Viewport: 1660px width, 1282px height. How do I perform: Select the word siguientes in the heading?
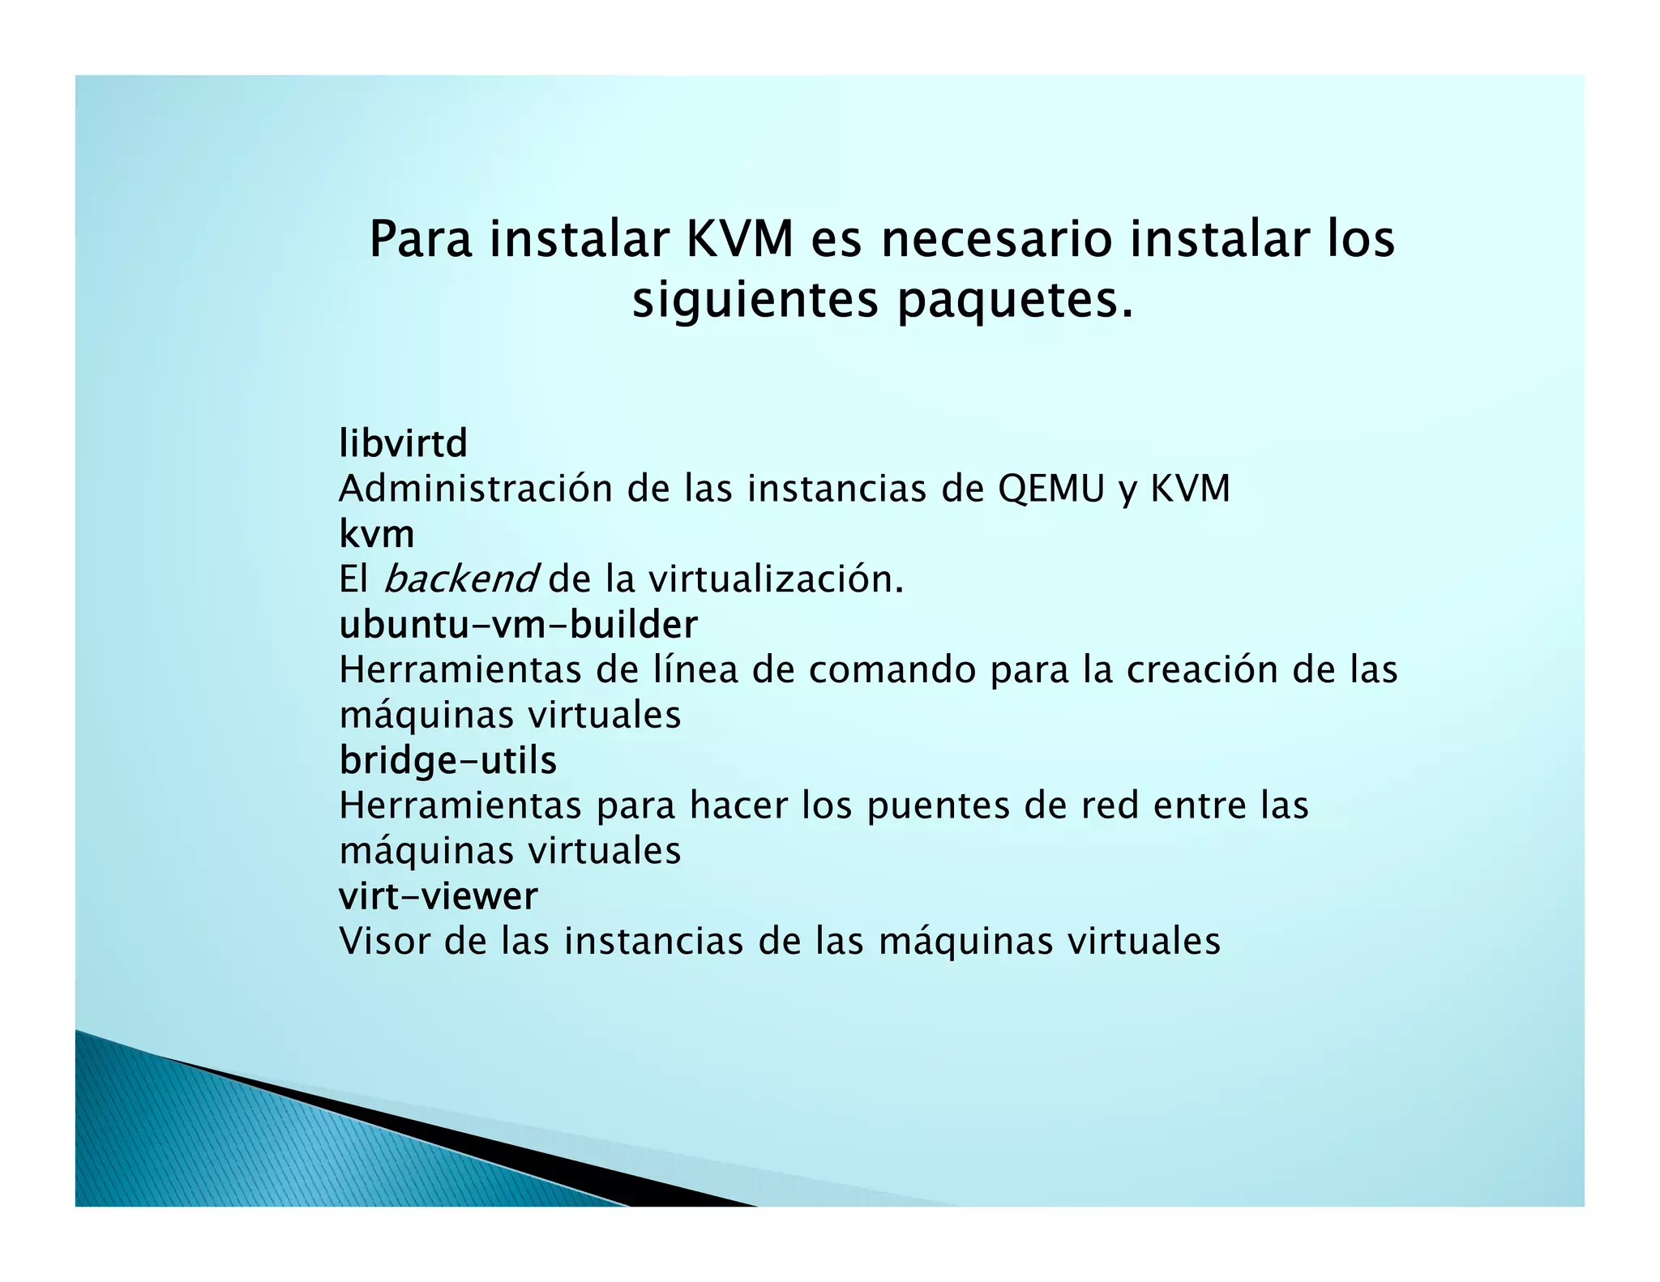(x=755, y=301)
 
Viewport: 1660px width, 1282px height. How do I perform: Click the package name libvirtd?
(x=403, y=443)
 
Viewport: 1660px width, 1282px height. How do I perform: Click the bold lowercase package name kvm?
(x=376, y=534)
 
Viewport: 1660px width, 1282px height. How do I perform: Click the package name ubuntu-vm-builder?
(x=518, y=624)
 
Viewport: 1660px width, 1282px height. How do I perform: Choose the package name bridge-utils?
(x=447, y=760)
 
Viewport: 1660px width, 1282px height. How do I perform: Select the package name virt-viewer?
(x=438, y=895)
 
